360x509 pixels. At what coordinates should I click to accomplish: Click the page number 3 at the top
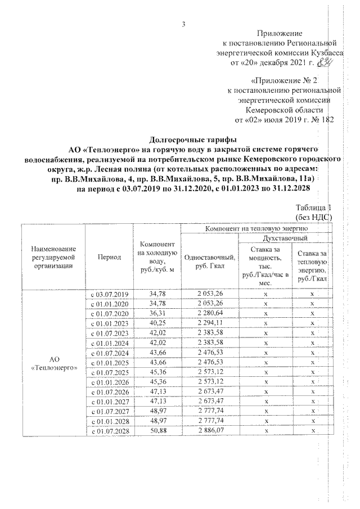tap(184, 23)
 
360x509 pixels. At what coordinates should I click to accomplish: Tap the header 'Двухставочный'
tap(285, 239)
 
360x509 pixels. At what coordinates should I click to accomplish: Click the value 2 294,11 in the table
tap(210, 323)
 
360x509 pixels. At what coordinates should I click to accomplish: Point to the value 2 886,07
tap(210, 430)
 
